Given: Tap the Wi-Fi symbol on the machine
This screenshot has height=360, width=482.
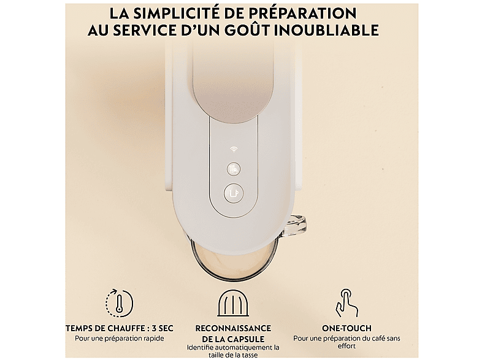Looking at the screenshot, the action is coord(234,150).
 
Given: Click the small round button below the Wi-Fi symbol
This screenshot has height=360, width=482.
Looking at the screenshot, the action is coord(234,169).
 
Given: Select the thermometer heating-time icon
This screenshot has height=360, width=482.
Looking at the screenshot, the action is coord(120,303).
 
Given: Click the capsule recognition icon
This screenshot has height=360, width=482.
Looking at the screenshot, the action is coord(233,303).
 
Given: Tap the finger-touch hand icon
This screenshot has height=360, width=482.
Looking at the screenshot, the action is coord(346,302).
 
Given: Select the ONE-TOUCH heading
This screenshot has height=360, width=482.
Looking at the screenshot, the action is coord(346,328).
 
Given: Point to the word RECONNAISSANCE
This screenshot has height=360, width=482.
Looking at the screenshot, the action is coord(233,328).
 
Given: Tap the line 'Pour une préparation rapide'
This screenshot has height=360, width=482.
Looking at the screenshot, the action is coord(120,339).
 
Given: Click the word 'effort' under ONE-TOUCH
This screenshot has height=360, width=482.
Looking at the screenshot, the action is coord(346,346).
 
